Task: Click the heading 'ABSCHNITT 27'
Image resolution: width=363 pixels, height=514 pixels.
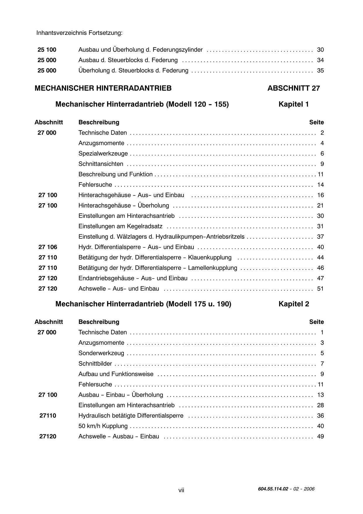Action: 293,88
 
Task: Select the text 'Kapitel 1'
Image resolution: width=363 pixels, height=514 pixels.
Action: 293,104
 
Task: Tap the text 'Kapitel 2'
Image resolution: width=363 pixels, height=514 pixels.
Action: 294,304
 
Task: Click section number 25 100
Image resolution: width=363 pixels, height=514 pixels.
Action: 47,50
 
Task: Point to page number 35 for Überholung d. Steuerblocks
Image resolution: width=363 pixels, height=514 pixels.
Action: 320,71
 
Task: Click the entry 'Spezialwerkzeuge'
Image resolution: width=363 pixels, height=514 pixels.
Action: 103,154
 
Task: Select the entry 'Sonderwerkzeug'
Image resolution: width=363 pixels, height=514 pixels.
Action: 101,353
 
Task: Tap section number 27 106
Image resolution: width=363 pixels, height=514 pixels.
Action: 48,247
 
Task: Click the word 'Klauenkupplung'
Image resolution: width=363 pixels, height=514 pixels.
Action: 210,257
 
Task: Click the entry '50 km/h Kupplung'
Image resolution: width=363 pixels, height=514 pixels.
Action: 103,426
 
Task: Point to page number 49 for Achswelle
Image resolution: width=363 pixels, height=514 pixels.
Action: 320,436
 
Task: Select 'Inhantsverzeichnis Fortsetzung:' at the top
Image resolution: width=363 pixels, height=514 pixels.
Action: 79,33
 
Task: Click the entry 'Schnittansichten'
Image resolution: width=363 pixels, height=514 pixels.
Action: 101,164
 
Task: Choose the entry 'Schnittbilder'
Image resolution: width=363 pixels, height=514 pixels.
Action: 95,364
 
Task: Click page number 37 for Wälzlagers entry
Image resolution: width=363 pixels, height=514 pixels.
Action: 320,237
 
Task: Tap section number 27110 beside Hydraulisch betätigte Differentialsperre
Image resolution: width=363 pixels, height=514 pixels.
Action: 48,416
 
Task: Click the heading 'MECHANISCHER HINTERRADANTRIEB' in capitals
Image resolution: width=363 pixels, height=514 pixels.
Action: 103,88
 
